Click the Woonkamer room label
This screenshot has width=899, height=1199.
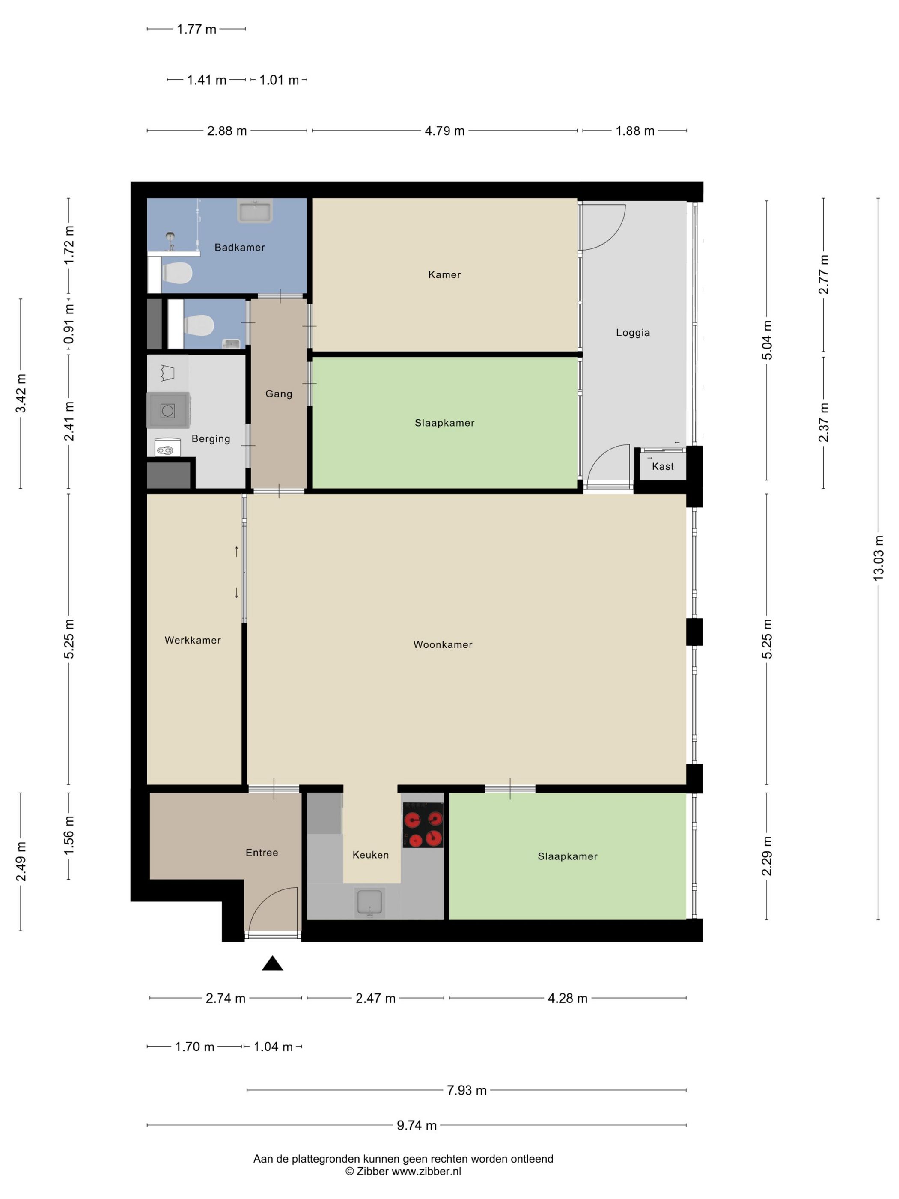click(x=443, y=644)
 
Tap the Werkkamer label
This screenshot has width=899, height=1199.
click(x=193, y=640)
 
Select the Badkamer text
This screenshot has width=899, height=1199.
click(x=239, y=247)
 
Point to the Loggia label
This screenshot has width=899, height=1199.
click(x=633, y=333)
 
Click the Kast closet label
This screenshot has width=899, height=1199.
click(x=663, y=466)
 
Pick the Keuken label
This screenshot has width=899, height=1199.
click(x=371, y=855)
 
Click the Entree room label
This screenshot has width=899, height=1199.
click(x=262, y=853)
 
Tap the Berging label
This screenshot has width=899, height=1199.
click(x=211, y=439)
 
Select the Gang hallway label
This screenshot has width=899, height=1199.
click(x=279, y=394)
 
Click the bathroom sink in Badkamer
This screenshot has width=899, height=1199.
click(x=255, y=210)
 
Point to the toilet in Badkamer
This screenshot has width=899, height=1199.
click(x=177, y=273)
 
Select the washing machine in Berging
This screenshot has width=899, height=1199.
click(x=168, y=410)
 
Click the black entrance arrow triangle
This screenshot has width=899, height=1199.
click(x=273, y=963)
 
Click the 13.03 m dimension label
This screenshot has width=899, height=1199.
click(x=878, y=558)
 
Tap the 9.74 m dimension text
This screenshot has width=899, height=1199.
click(x=417, y=1125)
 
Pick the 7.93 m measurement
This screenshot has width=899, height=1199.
click(x=467, y=1090)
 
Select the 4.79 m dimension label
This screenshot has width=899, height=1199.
click(x=444, y=131)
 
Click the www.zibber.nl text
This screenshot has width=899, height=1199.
click(x=426, y=1171)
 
